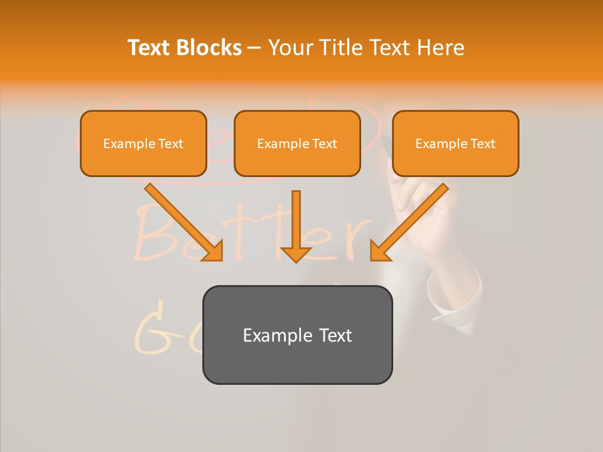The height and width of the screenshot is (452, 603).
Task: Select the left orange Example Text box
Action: pos(143,143)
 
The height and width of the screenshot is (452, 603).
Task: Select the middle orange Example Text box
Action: pos(297,143)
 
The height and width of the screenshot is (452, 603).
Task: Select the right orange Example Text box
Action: pos(455,143)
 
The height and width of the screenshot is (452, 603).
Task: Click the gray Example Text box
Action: pos(297,335)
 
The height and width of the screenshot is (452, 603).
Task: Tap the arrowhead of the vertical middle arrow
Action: pos(296,254)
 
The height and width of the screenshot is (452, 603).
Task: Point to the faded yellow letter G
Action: pos(151,326)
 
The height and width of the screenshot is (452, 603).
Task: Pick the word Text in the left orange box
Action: pos(171,143)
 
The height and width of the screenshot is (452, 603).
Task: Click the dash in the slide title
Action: pos(254,48)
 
